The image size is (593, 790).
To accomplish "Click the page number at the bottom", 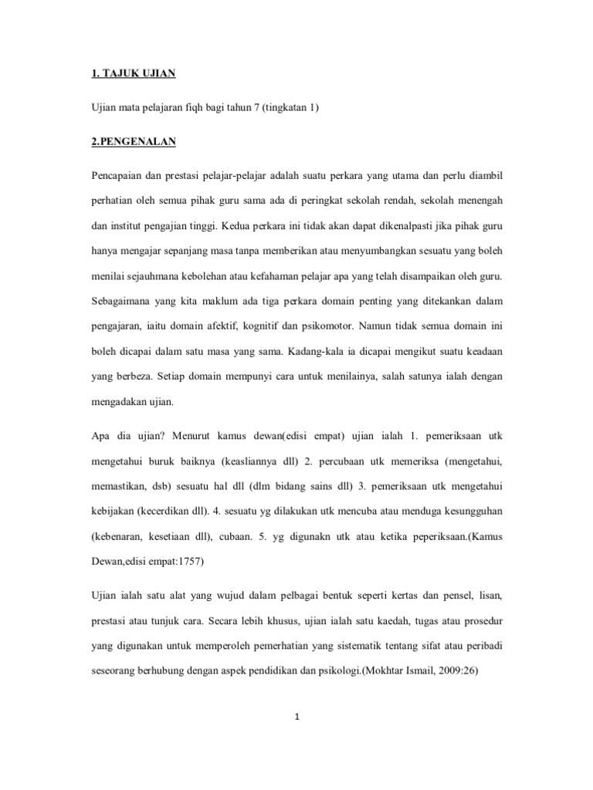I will click(296, 718).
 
